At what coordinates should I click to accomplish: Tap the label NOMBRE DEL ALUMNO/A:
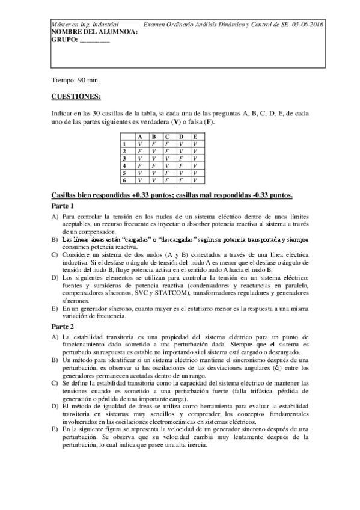point(86,32)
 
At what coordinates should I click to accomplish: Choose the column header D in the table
point(181,138)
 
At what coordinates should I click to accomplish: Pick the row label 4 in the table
point(124,165)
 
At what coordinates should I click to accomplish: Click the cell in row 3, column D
point(181,158)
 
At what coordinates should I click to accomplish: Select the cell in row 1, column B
point(154,144)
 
